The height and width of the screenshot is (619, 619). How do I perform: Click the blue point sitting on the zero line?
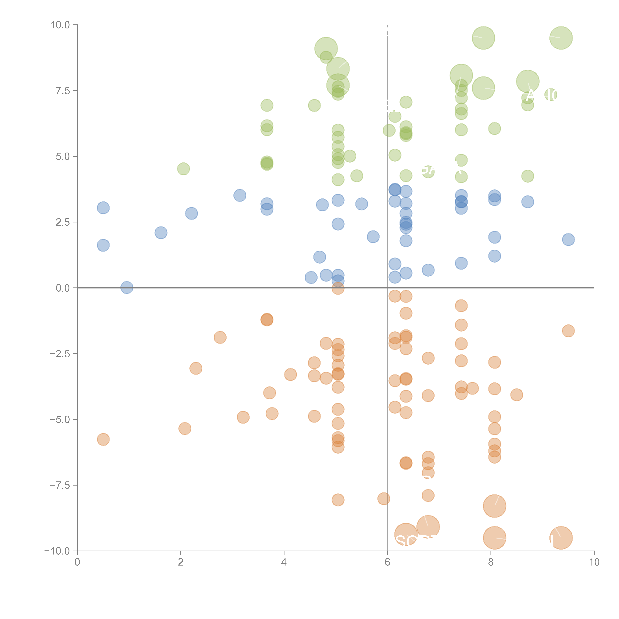[x=127, y=288]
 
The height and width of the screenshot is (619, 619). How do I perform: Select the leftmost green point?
[x=183, y=168]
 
